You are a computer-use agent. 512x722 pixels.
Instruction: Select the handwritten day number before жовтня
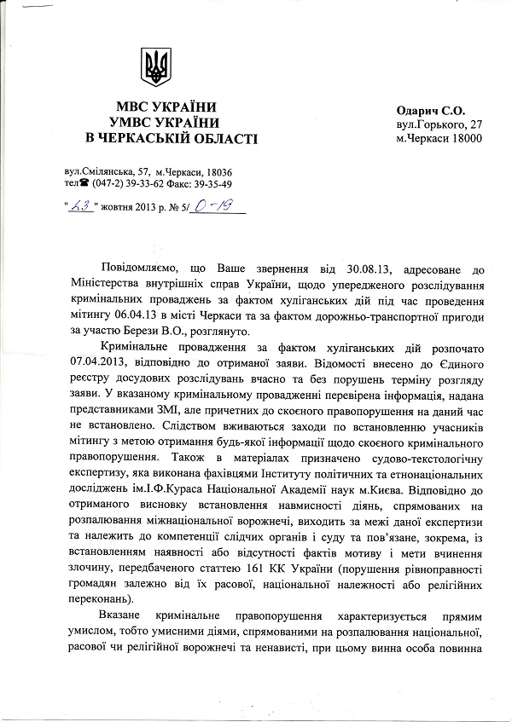click(81, 204)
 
